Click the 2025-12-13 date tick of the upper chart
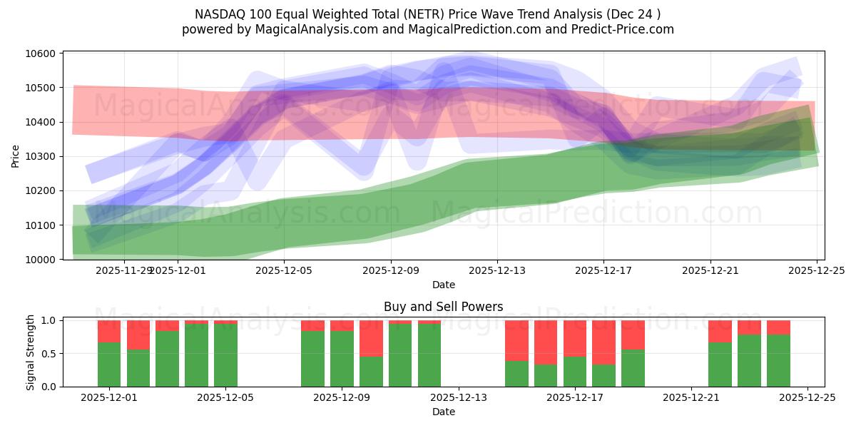(497, 271)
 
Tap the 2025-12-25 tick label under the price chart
(817, 271)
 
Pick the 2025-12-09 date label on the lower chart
(342, 398)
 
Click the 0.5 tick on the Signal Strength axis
(50, 354)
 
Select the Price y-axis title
(16, 156)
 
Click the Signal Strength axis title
(30, 352)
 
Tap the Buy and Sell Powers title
(443, 307)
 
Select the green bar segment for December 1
(109, 365)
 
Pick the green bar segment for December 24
(778, 360)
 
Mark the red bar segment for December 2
(138, 335)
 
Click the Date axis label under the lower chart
(443, 412)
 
